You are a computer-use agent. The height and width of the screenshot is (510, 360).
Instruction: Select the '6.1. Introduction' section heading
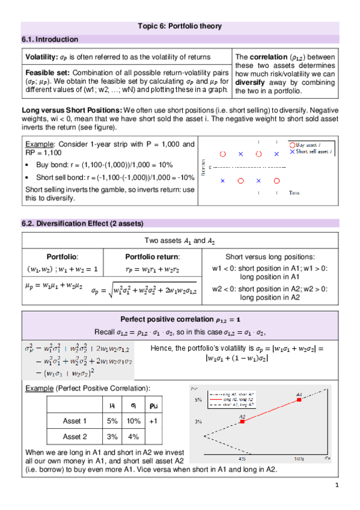point(50,39)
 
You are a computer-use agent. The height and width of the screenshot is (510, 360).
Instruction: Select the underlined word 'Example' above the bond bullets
point(38,144)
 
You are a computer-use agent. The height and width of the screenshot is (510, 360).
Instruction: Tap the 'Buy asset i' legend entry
point(310,144)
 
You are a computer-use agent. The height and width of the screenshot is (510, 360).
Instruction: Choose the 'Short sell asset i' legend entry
point(314,151)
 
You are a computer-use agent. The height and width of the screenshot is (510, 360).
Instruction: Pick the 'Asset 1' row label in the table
point(75,421)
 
